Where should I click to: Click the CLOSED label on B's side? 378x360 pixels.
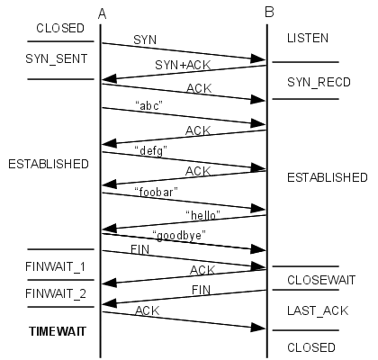pos(310,346)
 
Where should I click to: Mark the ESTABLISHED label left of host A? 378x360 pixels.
pos(48,165)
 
